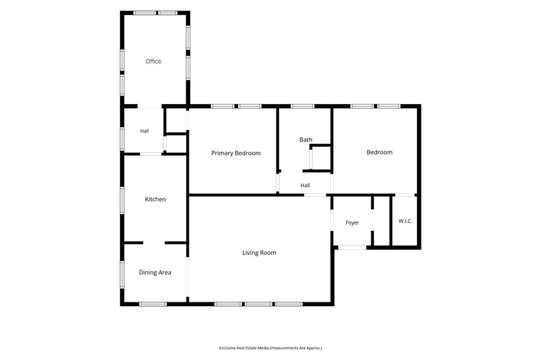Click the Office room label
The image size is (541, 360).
(153, 61)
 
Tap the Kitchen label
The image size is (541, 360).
(155, 199)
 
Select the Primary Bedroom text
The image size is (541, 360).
(236, 153)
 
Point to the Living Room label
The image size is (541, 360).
(259, 253)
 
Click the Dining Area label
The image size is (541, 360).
(155, 272)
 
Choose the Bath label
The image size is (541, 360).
(306, 140)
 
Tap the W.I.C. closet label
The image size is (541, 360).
(405, 221)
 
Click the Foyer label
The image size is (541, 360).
(352, 223)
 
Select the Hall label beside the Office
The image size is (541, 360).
(145, 131)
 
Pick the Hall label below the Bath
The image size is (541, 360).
(305, 185)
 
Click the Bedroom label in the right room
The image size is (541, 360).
(379, 152)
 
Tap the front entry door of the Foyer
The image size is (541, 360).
(352, 247)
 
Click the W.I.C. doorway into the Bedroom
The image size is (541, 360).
(405, 195)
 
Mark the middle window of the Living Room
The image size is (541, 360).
(258, 304)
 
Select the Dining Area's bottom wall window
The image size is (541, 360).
(153, 304)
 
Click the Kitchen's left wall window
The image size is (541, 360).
(122, 200)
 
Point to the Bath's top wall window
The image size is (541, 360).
(302, 106)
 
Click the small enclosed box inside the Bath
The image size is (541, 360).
(321, 158)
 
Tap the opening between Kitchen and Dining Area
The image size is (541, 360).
(154, 243)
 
